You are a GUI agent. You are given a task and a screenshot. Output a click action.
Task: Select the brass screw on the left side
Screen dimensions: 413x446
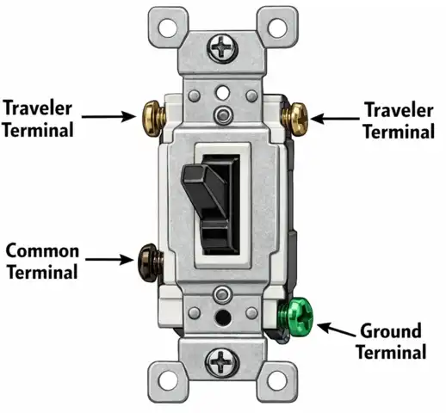149,114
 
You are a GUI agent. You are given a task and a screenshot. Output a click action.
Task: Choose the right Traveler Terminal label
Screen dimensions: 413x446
399,120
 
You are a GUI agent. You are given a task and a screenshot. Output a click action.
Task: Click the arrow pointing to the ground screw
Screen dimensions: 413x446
338,329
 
